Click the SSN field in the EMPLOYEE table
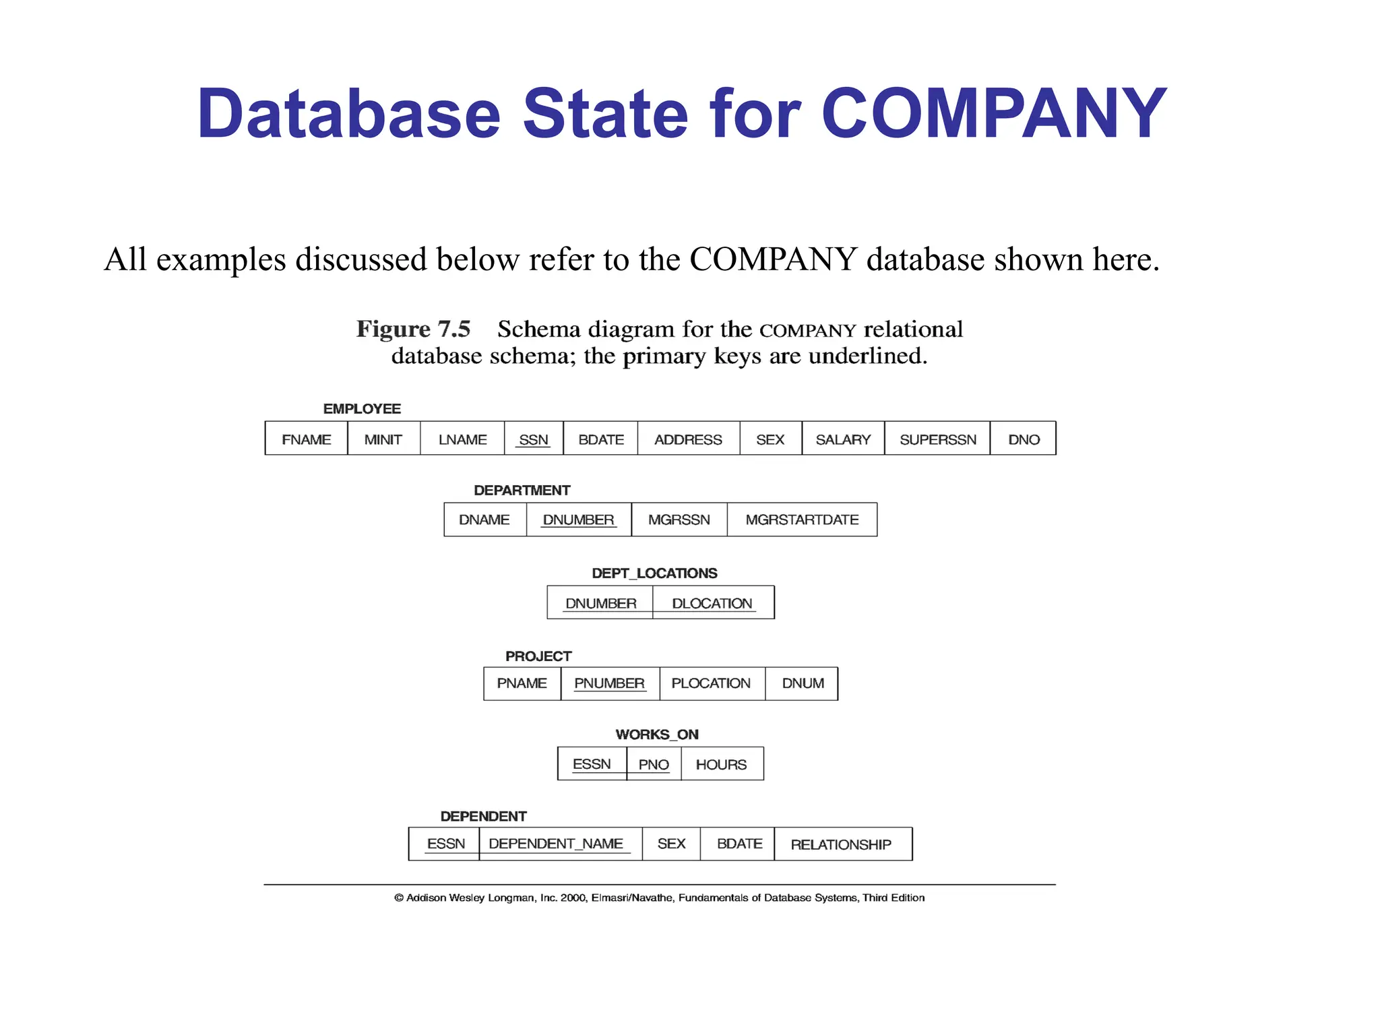pos(534,439)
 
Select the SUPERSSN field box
pos(937,439)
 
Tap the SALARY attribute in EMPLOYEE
pos(843,439)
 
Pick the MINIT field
pos(383,439)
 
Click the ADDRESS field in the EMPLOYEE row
pos(688,439)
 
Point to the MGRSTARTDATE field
pos(802,520)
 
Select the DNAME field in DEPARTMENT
pos(484,520)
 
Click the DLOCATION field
pos(712,603)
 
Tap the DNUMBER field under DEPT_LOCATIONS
pos(600,603)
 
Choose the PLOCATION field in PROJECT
pos(711,683)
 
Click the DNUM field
pos(803,683)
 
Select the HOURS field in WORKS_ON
pos(721,764)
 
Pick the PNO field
pos(654,764)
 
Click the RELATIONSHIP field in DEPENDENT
pos(841,844)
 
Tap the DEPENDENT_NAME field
pos(556,844)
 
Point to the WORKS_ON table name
pos(657,734)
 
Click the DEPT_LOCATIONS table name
pos(654,573)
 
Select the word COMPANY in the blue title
pos(994,115)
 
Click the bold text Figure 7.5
pos(413,329)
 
